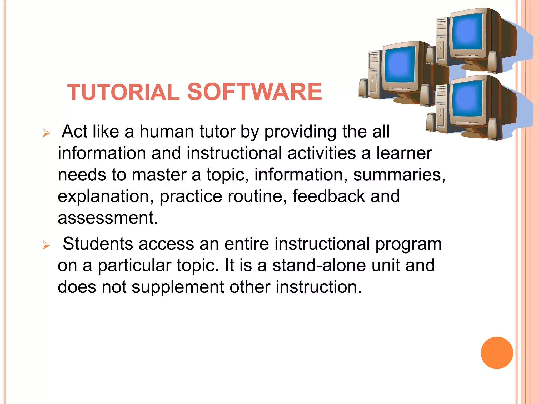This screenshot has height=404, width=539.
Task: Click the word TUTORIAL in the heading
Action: (123, 92)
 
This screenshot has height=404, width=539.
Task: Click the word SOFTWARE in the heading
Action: (254, 92)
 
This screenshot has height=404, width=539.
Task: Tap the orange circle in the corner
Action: (497, 353)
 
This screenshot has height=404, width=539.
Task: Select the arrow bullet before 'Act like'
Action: (46, 133)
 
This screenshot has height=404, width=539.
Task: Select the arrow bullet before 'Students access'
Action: (46, 245)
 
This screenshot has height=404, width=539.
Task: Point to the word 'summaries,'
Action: (399, 175)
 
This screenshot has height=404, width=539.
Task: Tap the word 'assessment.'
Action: (108, 218)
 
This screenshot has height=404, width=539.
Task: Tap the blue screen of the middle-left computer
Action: (399, 66)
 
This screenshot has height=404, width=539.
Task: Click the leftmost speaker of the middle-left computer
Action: (364, 88)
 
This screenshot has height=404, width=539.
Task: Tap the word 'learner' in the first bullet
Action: (404, 153)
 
